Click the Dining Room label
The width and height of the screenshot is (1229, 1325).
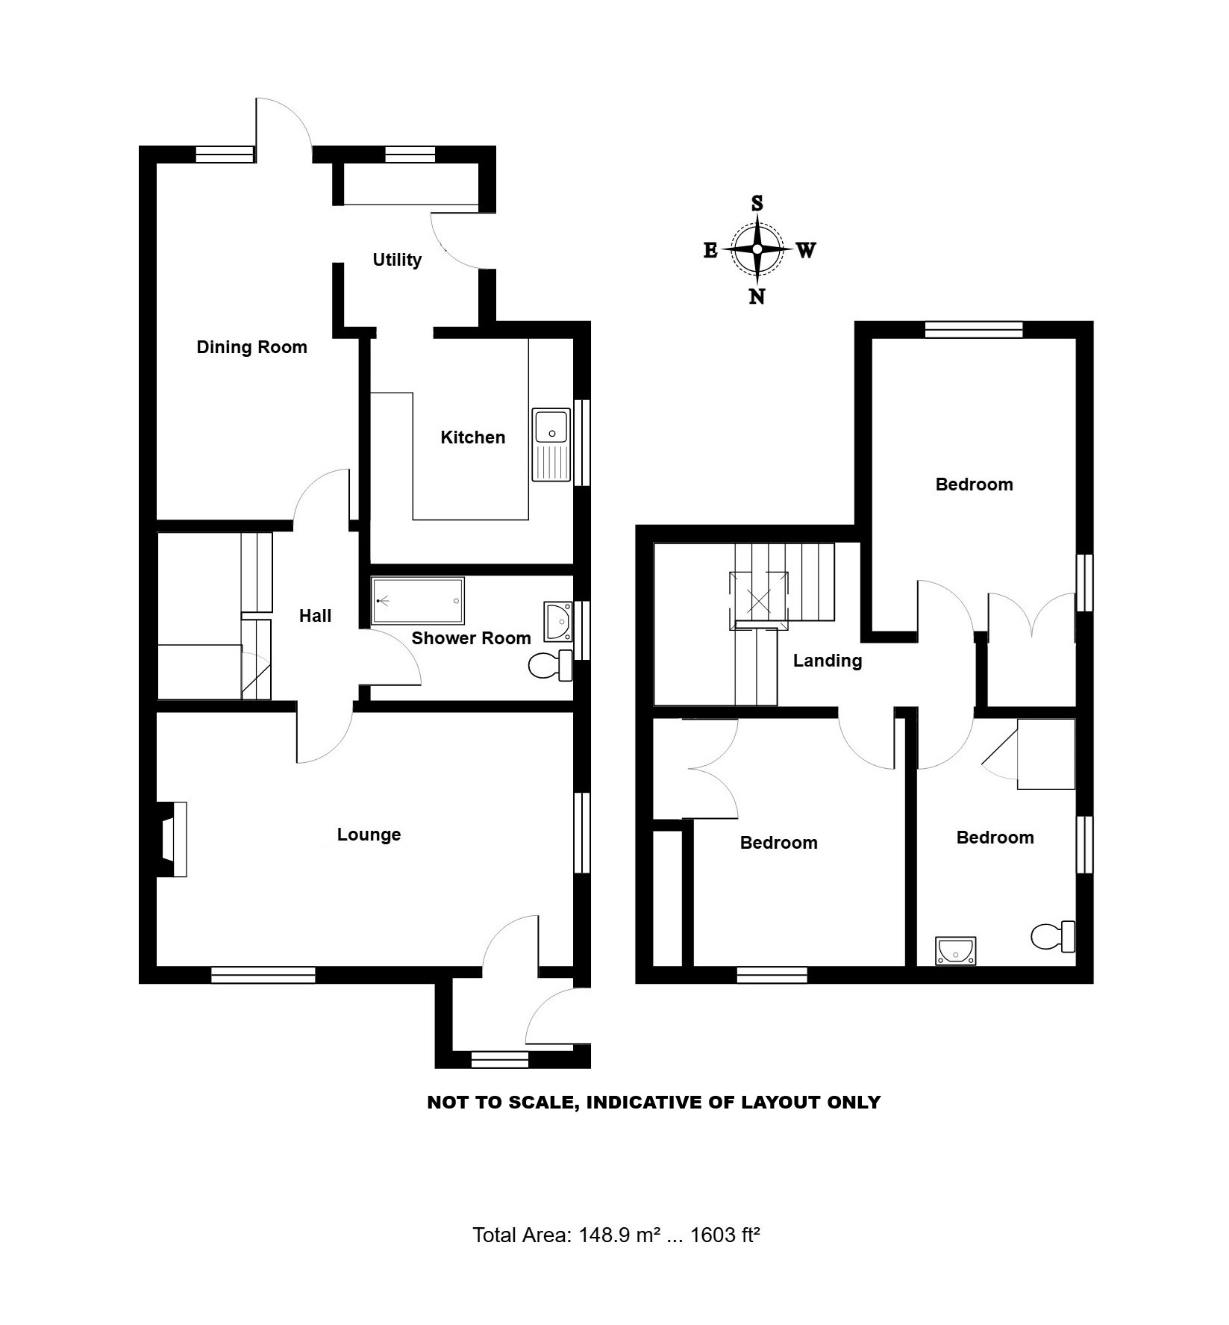tap(251, 347)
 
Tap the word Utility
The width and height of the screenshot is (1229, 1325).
tap(397, 260)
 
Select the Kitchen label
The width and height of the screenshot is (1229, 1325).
tap(472, 437)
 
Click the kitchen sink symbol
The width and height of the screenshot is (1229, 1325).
tap(551, 444)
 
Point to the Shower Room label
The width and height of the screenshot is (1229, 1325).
tap(471, 638)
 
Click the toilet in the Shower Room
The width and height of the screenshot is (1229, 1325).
tap(551, 665)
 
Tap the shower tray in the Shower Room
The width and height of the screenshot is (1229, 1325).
tap(418, 600)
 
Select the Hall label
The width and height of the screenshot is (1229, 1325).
tap(315, 616)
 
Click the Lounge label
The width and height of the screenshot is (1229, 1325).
tap(369, 835)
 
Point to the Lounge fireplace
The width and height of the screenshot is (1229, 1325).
tap(172, 839)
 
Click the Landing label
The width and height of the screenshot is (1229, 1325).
tap(828, 661)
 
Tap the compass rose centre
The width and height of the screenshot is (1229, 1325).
tap(757, 249)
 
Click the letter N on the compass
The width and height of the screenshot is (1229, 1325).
tap(757, 297)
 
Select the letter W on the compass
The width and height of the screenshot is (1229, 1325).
tap(806, 250)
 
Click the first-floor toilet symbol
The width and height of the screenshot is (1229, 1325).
tap(1053, 936)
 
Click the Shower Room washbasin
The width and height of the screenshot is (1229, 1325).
tap(558, 622)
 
